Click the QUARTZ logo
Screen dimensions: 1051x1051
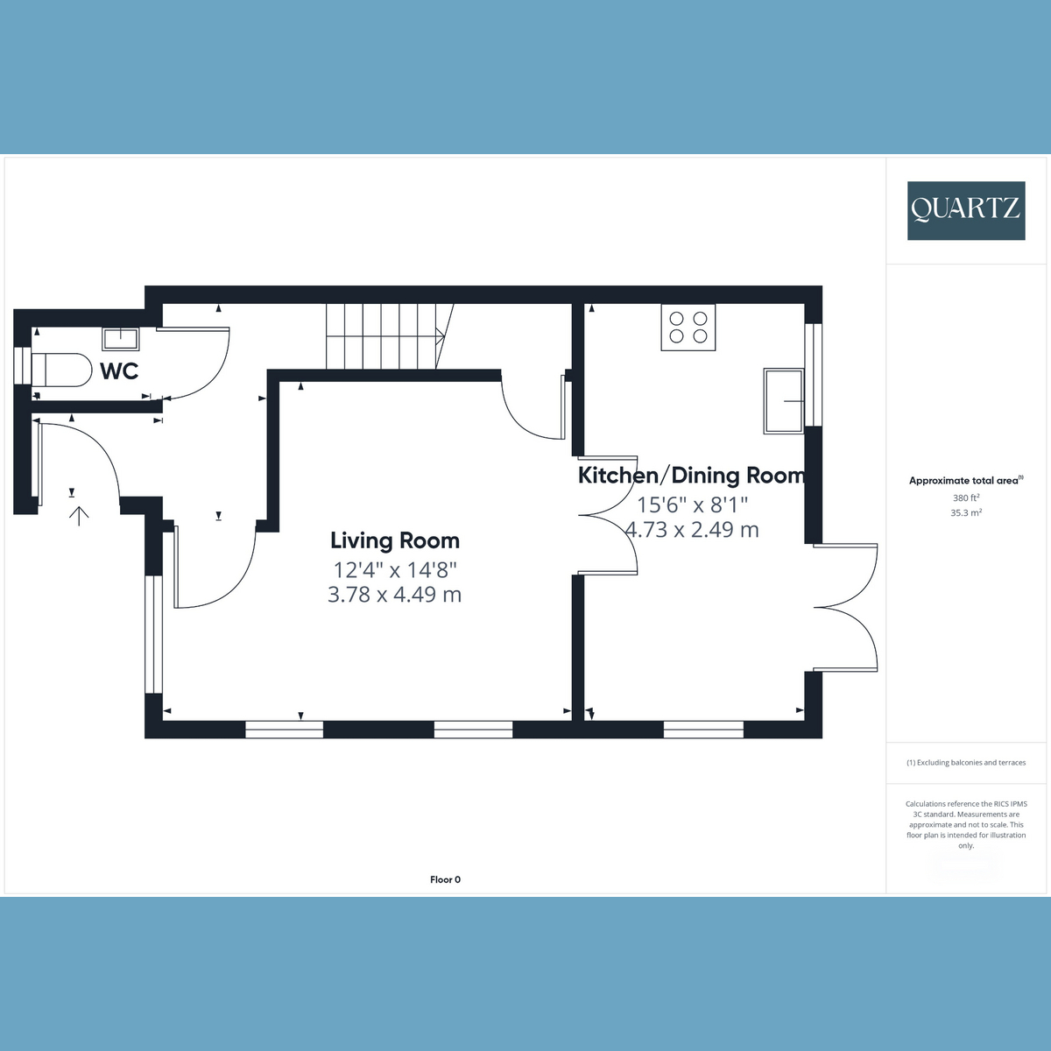click(x=966, y=210)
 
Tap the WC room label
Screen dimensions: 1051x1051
click(x=119, y=371)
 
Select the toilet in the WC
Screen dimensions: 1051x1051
click(x=61, y=370)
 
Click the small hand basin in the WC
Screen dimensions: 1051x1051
click(x=121, y=339)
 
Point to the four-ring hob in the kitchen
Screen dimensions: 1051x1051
click(x=688, y=328)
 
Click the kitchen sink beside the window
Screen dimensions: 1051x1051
click(x=784, y=401)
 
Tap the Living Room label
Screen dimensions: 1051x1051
click(x=395, y=540)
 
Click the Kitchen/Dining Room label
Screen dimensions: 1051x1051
click(x=691, y=476)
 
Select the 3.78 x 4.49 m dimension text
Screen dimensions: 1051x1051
click(x=394, y=594)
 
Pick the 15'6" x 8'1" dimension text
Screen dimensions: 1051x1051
click(x=692, y=505)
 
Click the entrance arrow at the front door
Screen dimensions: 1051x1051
click(x=79, y=516)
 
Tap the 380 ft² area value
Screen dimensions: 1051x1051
click(x=966, y=498)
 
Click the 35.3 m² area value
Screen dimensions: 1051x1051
click(x=966, y=512)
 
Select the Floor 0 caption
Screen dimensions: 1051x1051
click(x=445, y=879)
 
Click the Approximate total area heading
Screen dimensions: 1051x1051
click(x=966, y=481)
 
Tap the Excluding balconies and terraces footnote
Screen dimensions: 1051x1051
click(x=966, y=763)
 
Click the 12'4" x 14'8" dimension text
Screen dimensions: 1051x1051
click(x=395, y=570)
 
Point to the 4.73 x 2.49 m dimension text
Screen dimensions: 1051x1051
click(x=692, y=530)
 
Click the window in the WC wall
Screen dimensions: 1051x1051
click(x=23, y=365)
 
